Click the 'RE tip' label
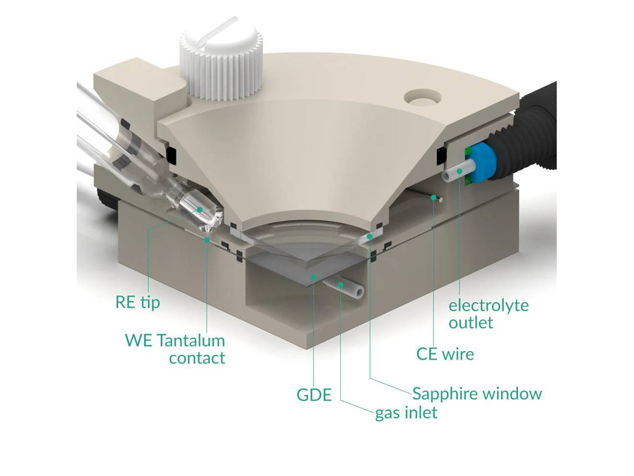click(x=138, y=303)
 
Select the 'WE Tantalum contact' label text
click(x=175, y=349)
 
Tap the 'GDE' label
click(x=314, y=395)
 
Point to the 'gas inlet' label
click(x=406, y=413)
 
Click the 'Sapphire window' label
click(x=477, y=394)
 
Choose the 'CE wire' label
click(x=445, y=354)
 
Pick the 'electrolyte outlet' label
click(x=488, y=314)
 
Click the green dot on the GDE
click(x=314, y=277)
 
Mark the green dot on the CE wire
click(x=433, y=197)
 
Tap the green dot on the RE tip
click(x=199, y=209)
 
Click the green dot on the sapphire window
click(x=369, y=237)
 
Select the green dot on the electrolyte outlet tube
click(x=460, y=171)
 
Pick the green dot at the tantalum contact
click(x=207, y=240)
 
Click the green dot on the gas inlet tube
click(x=341, y=285)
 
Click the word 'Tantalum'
click(x=191, y=341)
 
